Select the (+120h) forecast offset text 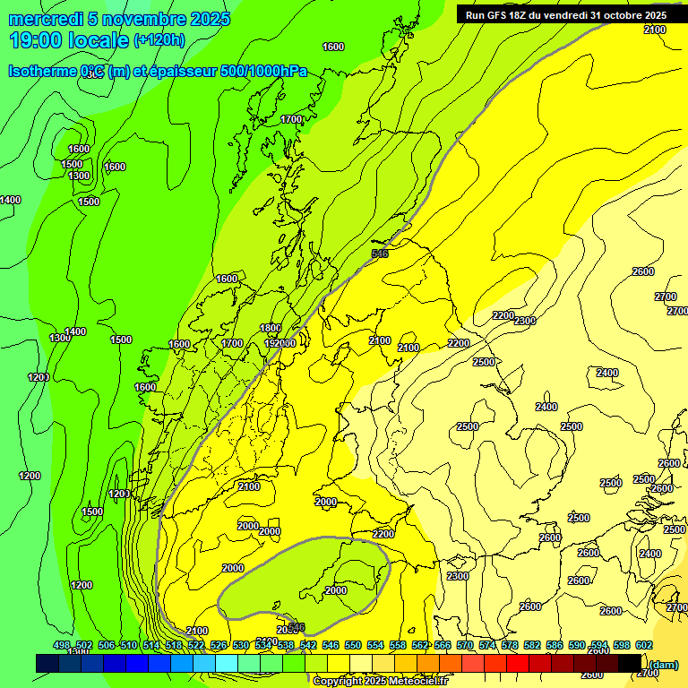pos(159,39)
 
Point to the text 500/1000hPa pos(270,72)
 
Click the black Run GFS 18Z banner pos(565,14)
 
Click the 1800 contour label pos(270,329)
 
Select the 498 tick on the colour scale pos(62,646)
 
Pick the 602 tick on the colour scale pos(644,646)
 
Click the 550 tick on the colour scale pos(353,646)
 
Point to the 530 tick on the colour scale pos(241,646)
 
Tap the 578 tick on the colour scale pos(510,646)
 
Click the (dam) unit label pos(663,664)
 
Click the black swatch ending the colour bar pos(630,663)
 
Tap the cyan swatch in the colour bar pos(227,663)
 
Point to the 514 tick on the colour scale pos(151,646)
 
